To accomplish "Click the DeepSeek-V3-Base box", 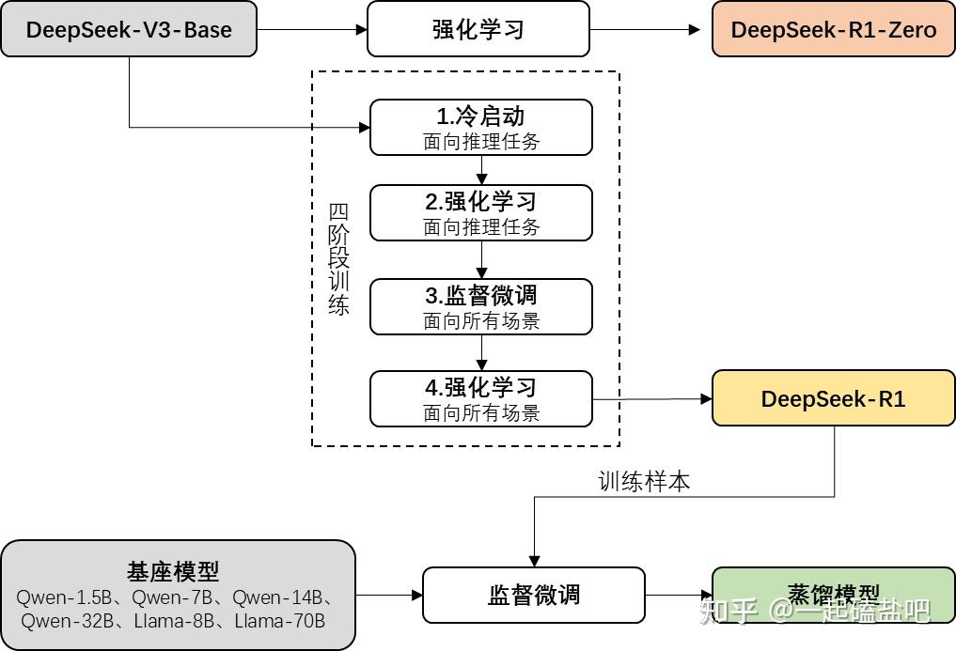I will pyautogui.click(x=129, y=29).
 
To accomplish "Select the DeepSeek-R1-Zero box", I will pyautogui.click(x=833, y=29).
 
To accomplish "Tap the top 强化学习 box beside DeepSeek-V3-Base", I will pyautogui.click(x=478, y=29).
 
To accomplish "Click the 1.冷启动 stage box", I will pyautogui.click(x=481, y=128).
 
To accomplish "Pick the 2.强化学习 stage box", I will pyautogui.click(x=481, y=212).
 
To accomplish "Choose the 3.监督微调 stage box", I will pyautogui.click(x=481, y=306).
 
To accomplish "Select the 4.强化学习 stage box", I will pyautogui.click(x=481, y=398).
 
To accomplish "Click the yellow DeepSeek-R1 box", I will pyautogui.click(x=833, y=398).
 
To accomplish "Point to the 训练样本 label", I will pyautogui.click(x=645, y=481).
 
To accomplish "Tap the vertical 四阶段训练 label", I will pyautogui.click(x=339, y=259).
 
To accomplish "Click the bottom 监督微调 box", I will pyautogui.click(x=534, y=595).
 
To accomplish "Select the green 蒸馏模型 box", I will pyautogui.click(x=833, y=595).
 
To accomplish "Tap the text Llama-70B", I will pyautogui.click(x=279, y=621).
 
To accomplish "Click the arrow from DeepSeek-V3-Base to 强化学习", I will pyautogui.click(x=312, y=29).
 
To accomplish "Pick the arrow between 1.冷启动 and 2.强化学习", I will pyautogui.click(x=481, y=170).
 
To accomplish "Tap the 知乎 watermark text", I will pyautogui.click(x=725, y=612).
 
